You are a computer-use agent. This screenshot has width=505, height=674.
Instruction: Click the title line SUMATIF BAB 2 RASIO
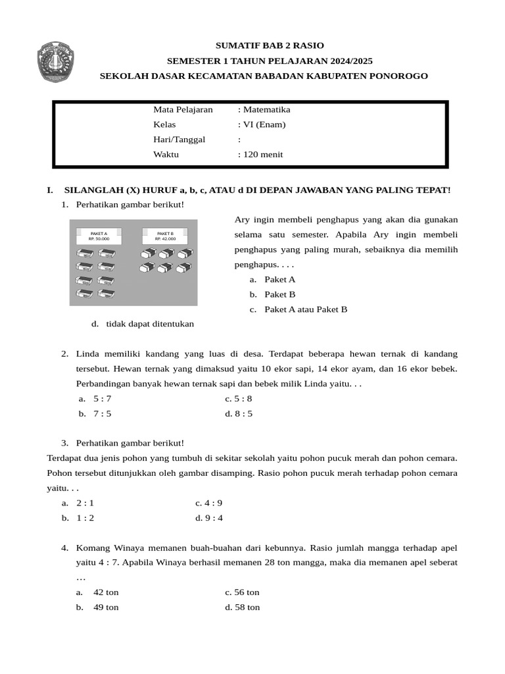click(270, 45)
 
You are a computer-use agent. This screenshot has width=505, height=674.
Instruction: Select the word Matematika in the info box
click(266, 110)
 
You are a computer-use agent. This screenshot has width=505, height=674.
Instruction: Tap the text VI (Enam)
click(264, 125)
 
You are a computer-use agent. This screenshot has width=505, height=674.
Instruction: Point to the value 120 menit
click(262, 155)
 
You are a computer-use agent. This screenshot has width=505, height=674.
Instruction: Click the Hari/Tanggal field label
click(180, 140)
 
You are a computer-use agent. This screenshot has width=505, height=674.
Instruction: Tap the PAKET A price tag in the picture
click(99, 236)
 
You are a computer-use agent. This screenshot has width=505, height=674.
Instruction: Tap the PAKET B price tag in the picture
click(165, 236)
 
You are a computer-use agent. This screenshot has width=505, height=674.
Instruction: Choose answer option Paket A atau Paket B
click(305, 309)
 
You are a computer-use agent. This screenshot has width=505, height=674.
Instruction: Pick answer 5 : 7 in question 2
click(103, 399)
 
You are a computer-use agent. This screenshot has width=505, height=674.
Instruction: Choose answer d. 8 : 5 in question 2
click(239, 414)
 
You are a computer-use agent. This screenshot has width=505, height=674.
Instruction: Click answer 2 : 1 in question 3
click(85, 503)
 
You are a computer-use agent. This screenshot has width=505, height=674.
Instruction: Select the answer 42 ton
click(106, 592)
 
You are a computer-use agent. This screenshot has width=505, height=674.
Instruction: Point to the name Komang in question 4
click(93, 548)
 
